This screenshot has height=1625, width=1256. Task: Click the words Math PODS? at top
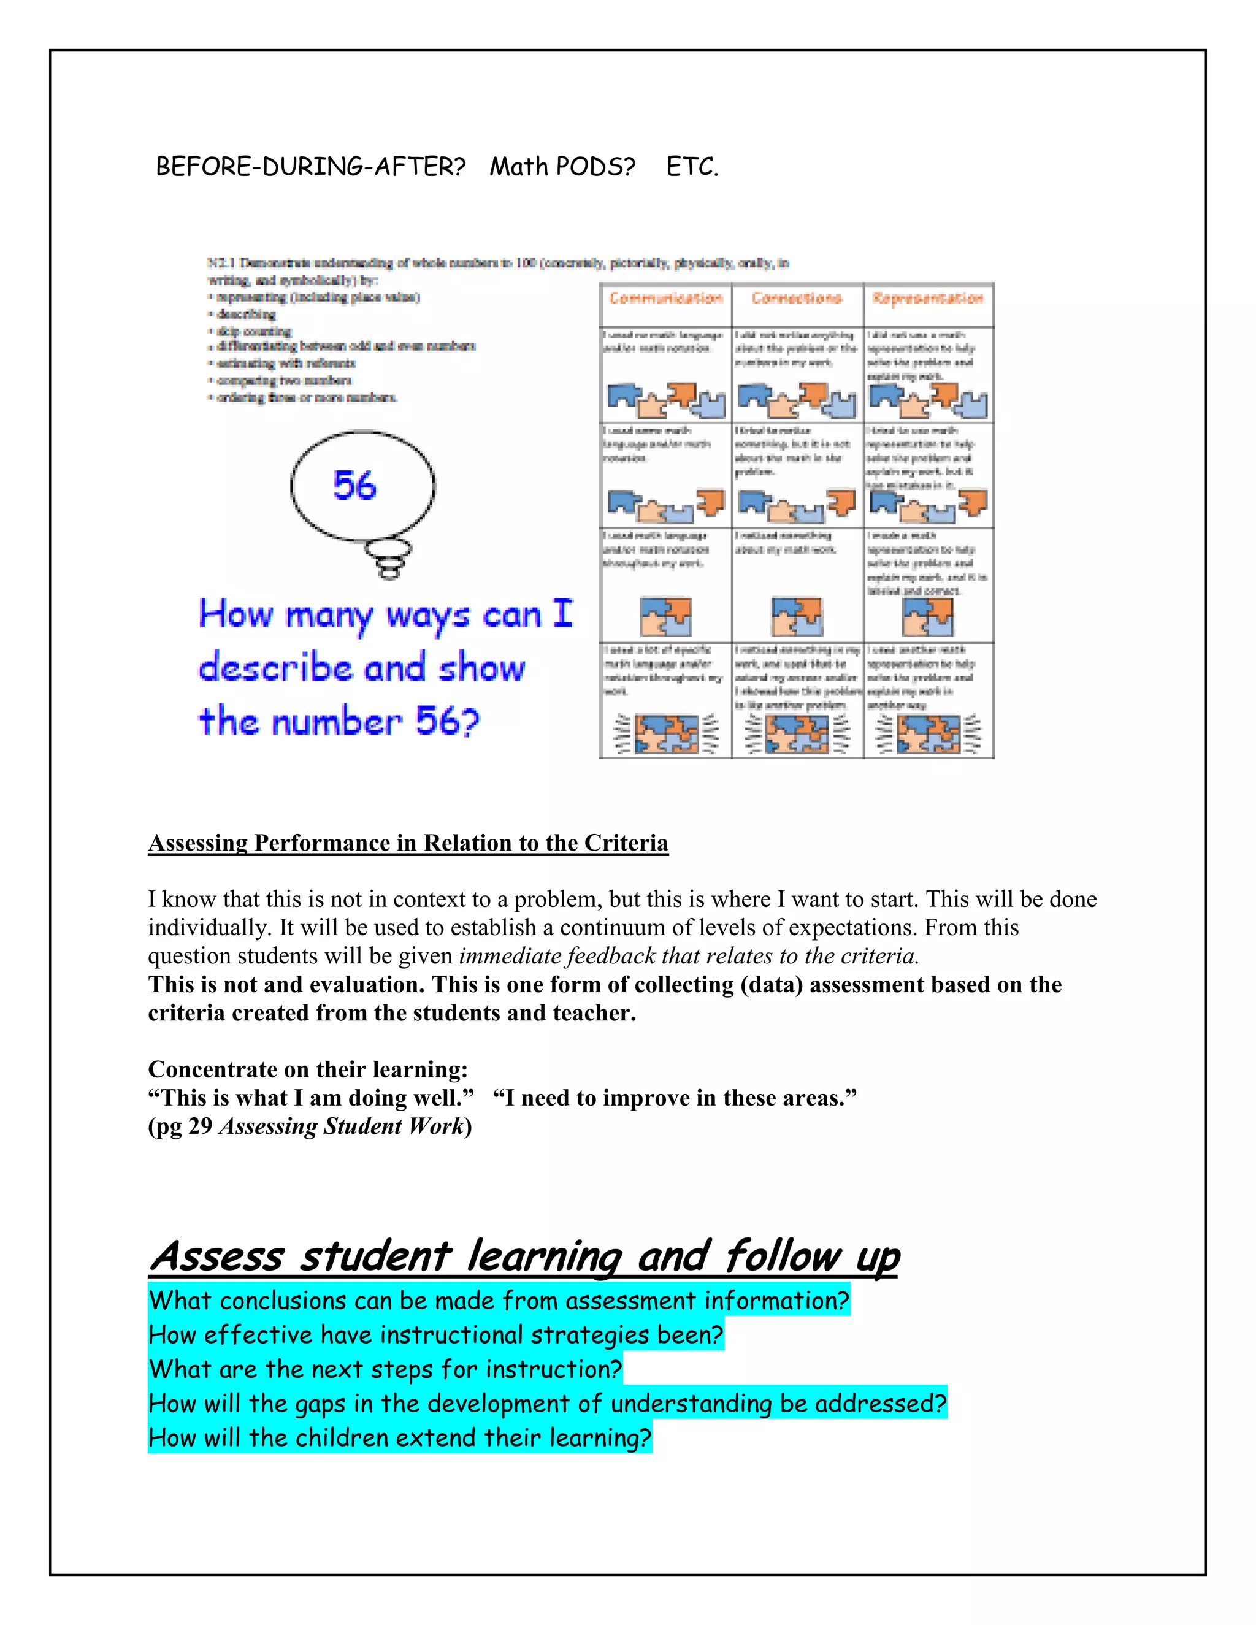[562, 167]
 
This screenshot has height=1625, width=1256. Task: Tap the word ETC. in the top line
[692, 167]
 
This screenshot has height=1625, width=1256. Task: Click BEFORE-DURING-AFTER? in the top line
[310, 167]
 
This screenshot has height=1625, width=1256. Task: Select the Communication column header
[665, 299]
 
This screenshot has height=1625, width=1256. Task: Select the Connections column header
[797, 299]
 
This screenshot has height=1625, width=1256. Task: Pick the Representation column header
[928, 299]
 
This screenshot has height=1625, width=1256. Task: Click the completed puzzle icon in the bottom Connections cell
[797, 733]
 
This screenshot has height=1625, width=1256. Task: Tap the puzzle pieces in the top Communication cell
[665, 400]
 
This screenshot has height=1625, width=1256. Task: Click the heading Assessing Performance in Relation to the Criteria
[408, 843]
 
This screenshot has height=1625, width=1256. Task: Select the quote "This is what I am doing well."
[311, 1098]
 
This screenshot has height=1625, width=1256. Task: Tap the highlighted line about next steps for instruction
[385, 1369]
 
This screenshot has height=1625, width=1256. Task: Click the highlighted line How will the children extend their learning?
[400, 1437]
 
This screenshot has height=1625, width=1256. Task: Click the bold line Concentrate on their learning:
[308, 1070]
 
